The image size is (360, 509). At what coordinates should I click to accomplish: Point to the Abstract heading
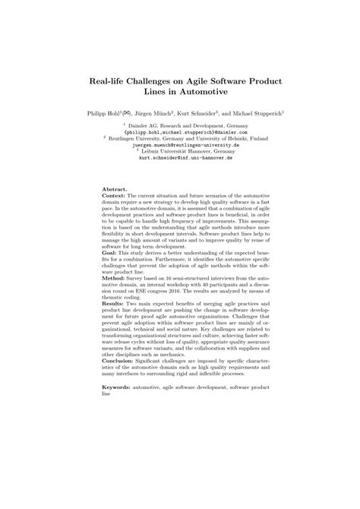tap(115, 188)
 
